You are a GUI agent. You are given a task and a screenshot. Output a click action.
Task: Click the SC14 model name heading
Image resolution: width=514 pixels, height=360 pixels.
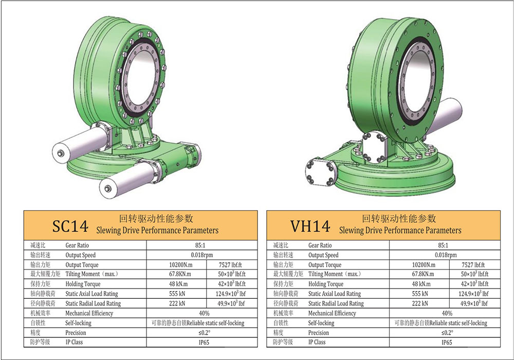70,226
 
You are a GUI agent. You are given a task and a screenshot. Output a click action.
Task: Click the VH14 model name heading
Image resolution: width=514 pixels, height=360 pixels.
310,226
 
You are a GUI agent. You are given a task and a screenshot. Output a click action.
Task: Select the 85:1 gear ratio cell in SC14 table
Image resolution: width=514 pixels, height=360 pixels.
200,245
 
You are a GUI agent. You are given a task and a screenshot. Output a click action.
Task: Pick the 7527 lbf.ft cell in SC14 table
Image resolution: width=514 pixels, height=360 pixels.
230,265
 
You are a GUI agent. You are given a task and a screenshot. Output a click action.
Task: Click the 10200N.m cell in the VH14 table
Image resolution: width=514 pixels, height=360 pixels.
424,265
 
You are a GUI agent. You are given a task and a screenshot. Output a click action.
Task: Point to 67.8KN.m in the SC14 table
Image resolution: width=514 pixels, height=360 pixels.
180,274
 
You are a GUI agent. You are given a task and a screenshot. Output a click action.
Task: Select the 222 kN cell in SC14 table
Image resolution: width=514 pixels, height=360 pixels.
177,303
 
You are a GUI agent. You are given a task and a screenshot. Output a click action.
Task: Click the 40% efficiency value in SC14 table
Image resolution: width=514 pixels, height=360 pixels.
204,313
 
